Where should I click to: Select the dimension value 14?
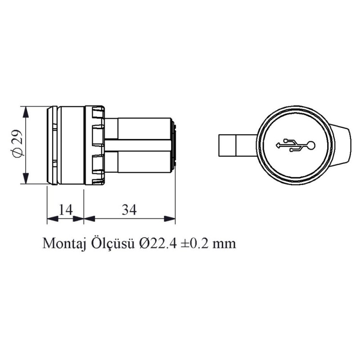click(66, 209)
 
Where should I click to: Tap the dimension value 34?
click(129, 209)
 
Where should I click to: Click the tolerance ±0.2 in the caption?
click(194, 243)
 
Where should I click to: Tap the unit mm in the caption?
click(225, 244)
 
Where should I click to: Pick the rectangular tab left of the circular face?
click(228, 145)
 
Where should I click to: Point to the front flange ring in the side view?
click(52, 145)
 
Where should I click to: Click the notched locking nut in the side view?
click(97, 145)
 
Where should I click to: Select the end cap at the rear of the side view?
click(175, 145)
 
